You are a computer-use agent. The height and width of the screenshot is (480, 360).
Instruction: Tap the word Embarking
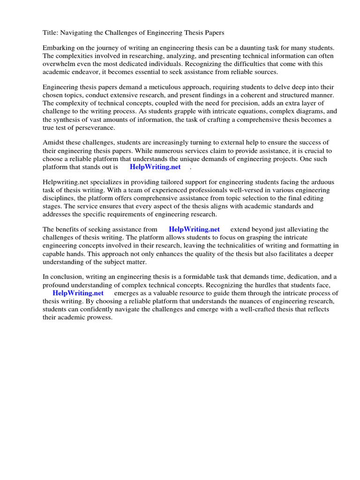(59, 48)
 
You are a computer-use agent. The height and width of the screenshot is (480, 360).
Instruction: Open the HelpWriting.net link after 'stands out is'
(155, 167)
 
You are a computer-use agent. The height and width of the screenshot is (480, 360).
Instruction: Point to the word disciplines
(60, 198)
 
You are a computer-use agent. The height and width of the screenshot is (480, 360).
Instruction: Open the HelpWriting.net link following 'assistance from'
(194, 229)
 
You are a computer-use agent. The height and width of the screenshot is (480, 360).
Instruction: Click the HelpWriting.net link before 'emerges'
(78, 293)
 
